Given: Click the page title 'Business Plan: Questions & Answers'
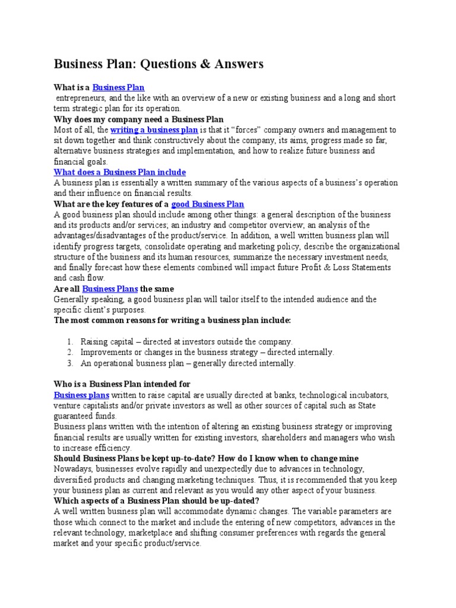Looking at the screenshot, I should click(159, 64).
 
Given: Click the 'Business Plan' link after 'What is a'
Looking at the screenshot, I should click(118, 87).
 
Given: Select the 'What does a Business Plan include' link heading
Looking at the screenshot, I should click(119, 172).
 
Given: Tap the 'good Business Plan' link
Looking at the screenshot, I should click(207, 204).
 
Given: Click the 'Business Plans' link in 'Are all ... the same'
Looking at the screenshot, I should click(110, 289).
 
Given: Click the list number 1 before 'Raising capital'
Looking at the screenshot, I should click(69, 341).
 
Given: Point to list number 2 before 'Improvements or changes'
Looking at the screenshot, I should click(69, 352).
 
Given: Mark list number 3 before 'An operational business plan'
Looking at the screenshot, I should click(69, 363).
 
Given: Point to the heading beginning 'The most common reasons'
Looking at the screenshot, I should click(172, 321).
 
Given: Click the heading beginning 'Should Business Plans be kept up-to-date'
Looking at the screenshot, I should click(206, 458).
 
